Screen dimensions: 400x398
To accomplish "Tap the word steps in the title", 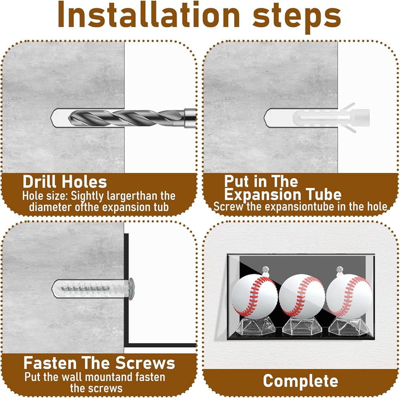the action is click(297, 17).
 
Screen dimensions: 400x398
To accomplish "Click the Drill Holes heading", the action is click(64, 182).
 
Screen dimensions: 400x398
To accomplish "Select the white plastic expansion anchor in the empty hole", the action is click(331, 117).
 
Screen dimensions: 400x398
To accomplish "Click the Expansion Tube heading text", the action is click(283, 195).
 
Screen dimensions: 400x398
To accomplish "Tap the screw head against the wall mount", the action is click(131, 289).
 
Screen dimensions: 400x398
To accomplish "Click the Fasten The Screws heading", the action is click(99, 363).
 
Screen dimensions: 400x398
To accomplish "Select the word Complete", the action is click(300, 381).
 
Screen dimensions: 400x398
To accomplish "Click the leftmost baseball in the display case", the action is click(254, 295).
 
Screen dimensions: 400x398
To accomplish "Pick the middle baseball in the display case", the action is click(302, 296).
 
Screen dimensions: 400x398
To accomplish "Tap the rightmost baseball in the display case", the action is click(349, 295).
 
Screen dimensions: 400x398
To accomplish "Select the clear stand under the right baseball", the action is click(348, 326).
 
